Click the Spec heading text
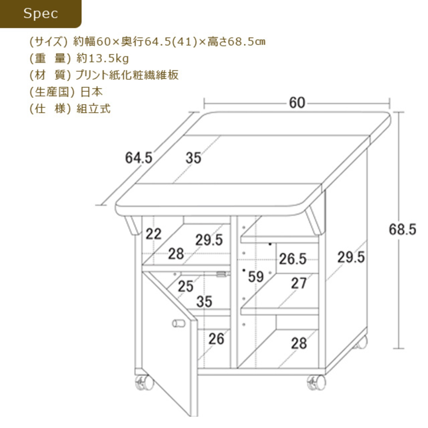click(x=40, y=13)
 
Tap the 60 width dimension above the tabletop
click(x=297, y=103)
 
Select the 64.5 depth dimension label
click(x=139, y=157)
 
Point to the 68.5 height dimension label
click(x=402, y=229)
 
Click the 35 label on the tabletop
click(x=194, y=158)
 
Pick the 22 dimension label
click(x=153, y=234)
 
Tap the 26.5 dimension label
click(x=293, y=259)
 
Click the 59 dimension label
click(x=256, y=277)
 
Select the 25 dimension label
click(x=185, y=286)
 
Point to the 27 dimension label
click(x=299, y=284)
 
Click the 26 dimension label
click(x=216, y=339)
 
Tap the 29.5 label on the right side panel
click(x=351, y=257)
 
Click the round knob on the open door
click(x=179, y=323)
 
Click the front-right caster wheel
click(x=316, y=382)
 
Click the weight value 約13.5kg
click(x=102, y=59)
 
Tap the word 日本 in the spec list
click(x=91, y=92)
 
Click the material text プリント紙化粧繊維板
click(x=127, y=75)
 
